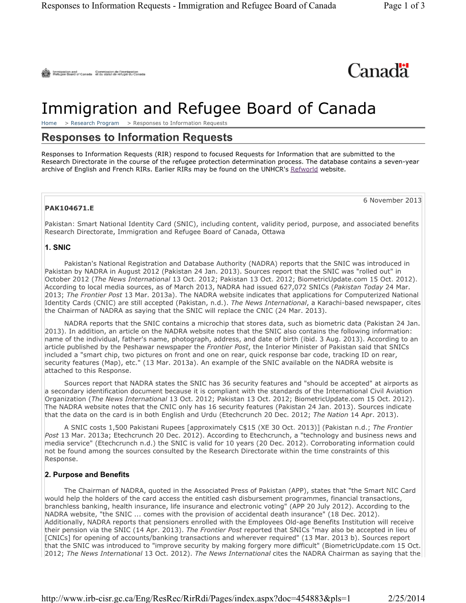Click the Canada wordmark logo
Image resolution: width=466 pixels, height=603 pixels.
(x=378, y=71)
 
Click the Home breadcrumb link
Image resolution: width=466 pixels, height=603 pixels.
(x=49, y=123)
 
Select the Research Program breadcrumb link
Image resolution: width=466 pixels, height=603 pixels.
(x=95, y=123)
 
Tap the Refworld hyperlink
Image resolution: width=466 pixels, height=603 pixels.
(x=304, y=169)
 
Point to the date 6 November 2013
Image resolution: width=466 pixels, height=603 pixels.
(x=392, y=200)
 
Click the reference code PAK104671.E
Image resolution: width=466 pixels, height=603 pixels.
(x=69, y=208)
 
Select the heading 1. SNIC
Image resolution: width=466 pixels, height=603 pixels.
(x=58, y=248)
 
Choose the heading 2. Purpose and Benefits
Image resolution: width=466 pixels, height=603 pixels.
(x=87, y=475)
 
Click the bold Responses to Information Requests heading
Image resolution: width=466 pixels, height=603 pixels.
(x=137, y=138)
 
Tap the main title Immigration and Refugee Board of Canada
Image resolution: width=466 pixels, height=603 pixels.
(x=208, y=108)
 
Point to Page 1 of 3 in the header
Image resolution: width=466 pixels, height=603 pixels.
(x=404, y=5)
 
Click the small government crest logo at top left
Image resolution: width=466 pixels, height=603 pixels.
(x=46, y=73)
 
